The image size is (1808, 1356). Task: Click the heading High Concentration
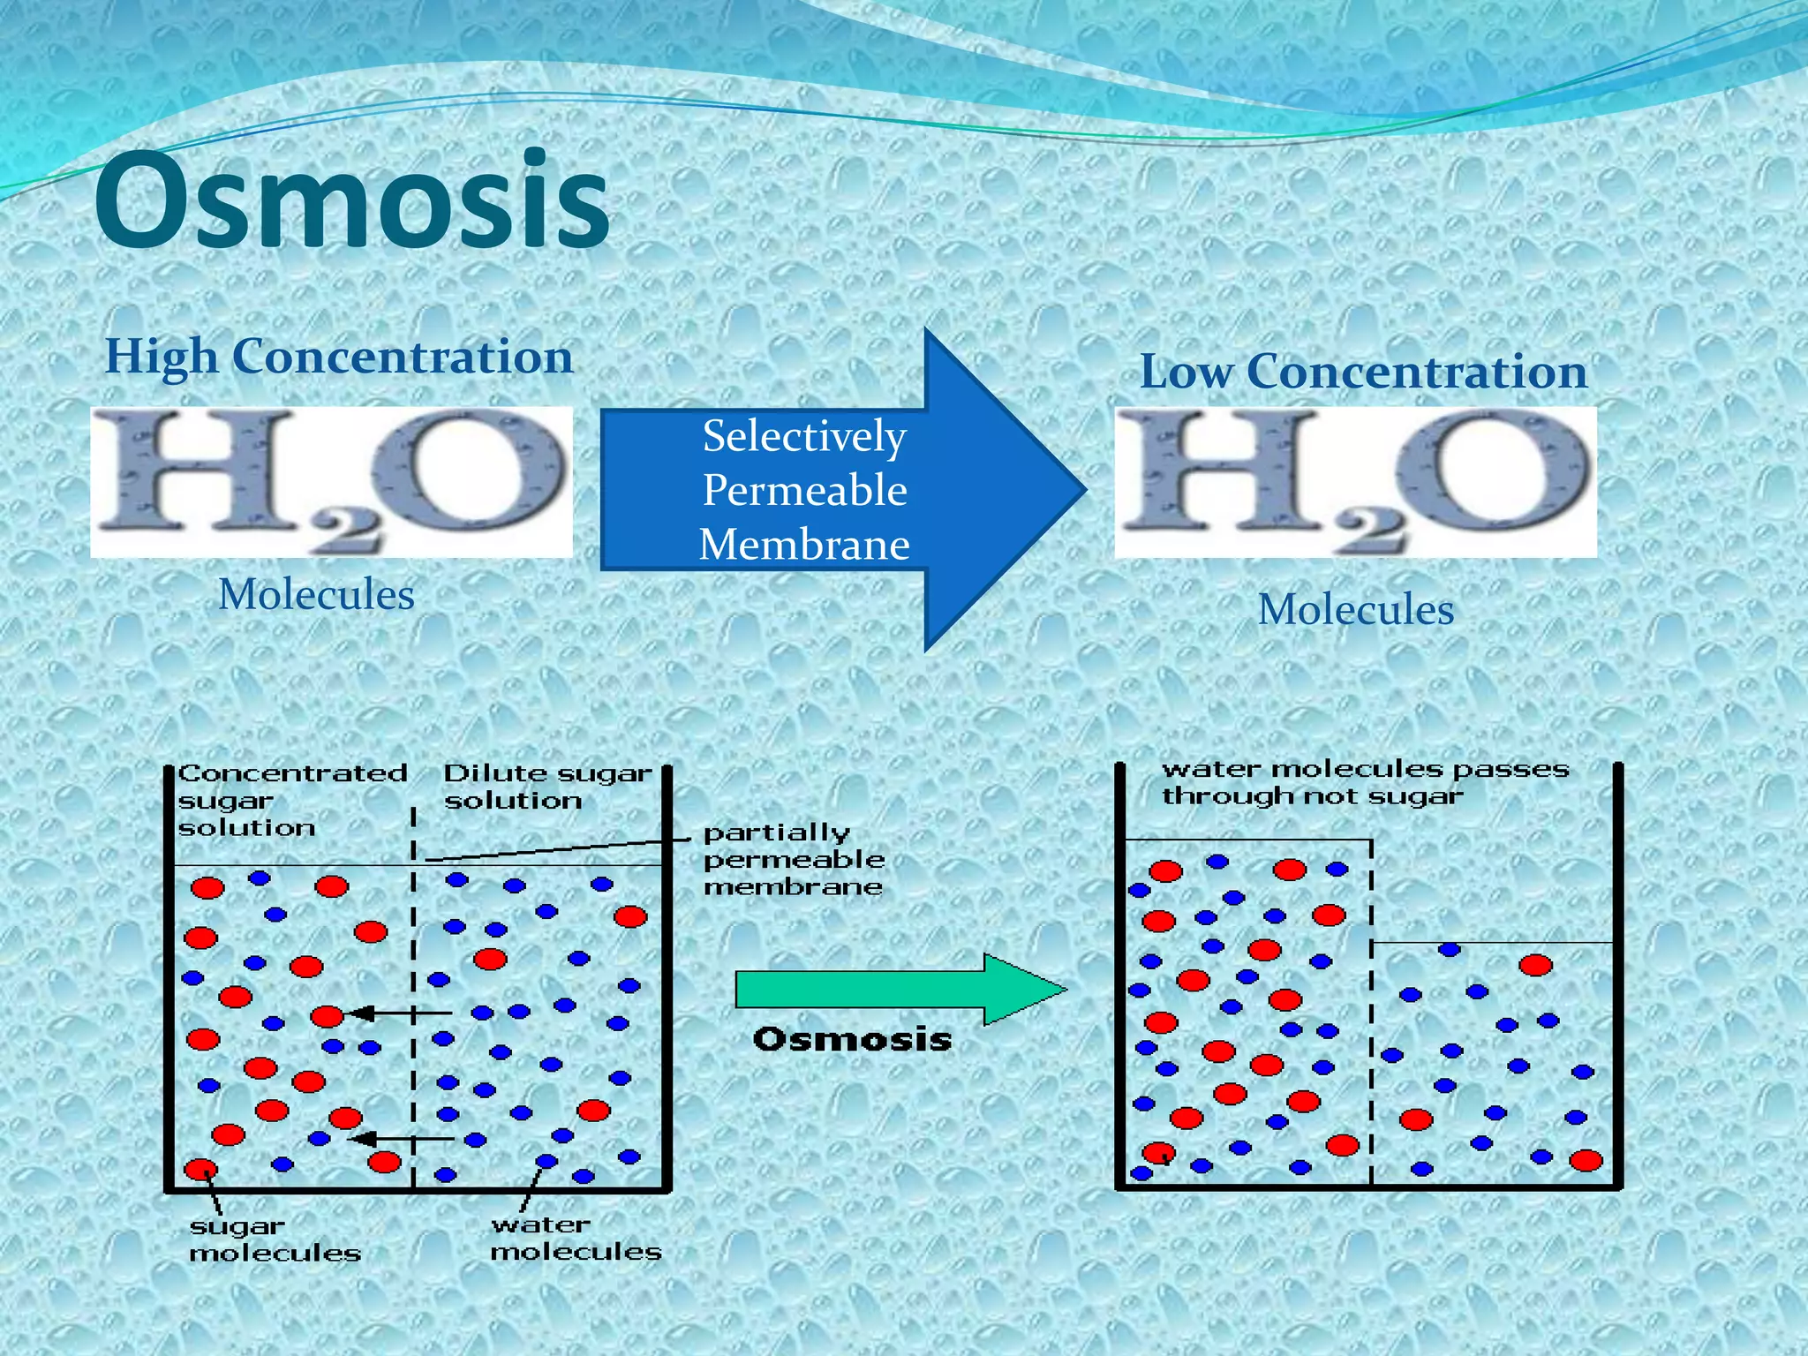click(x=339, y=357)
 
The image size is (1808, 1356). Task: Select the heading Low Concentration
click(x=1363, y=372)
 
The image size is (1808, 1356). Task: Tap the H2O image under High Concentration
click(x=331, y=482)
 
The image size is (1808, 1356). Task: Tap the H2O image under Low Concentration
click(x=1355, y=482)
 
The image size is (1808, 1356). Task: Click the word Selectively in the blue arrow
click(x=804, y=436)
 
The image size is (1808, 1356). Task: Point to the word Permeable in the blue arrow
click(x=804, y=490)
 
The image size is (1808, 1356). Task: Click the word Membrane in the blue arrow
click(x=804, y=544)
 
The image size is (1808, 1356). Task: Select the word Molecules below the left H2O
click(x=316, y=595)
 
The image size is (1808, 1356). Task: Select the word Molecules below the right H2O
click(x=1355, y=610)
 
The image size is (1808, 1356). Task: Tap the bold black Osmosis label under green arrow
click(x=852, y=1039)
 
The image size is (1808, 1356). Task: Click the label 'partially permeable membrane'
click(x=792, y=859)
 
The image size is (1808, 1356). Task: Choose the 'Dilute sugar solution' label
click(x=546, y=787)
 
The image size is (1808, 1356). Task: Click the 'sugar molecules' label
click(x=275, y=1239)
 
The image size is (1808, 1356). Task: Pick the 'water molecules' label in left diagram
click(x=576, y=1238)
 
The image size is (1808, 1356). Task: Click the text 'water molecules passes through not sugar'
click(x=1364, y=782)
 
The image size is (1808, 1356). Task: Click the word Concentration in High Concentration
click(x=403, y=357)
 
